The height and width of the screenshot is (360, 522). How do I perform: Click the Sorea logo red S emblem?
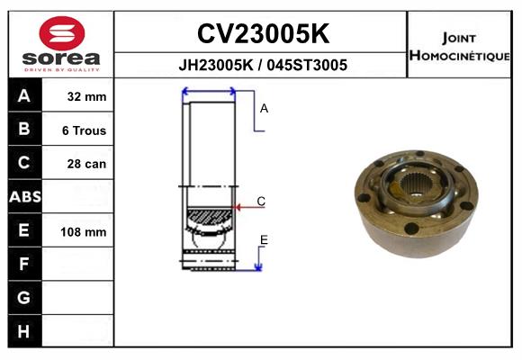[x=61, y=33]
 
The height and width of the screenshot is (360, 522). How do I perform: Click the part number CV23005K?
[x=262, y=34]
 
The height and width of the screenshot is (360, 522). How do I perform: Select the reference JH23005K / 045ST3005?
[x=262, y=66]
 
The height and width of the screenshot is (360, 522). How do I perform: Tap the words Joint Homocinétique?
[x=461, y=46]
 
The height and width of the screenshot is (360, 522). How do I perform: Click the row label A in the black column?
[x=24, y=96]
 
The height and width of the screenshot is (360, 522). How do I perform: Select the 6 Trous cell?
[x=84, y=130]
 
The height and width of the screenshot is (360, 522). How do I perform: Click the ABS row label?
[x=24, y=197]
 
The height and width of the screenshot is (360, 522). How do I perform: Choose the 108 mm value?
[x=84, y=231]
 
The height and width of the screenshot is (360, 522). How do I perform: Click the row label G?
[x=24, y=297]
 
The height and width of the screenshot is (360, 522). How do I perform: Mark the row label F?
[x=24, y=264]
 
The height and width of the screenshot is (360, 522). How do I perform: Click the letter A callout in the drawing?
[x=265, y=108]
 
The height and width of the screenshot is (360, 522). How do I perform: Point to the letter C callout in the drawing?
[x=261, y=202]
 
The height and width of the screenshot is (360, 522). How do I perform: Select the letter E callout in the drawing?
[x=264, y=239]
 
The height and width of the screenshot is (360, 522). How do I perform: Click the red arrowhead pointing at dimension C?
[x=239, y=208]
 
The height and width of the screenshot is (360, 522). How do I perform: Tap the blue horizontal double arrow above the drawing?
[x=209, y=91]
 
